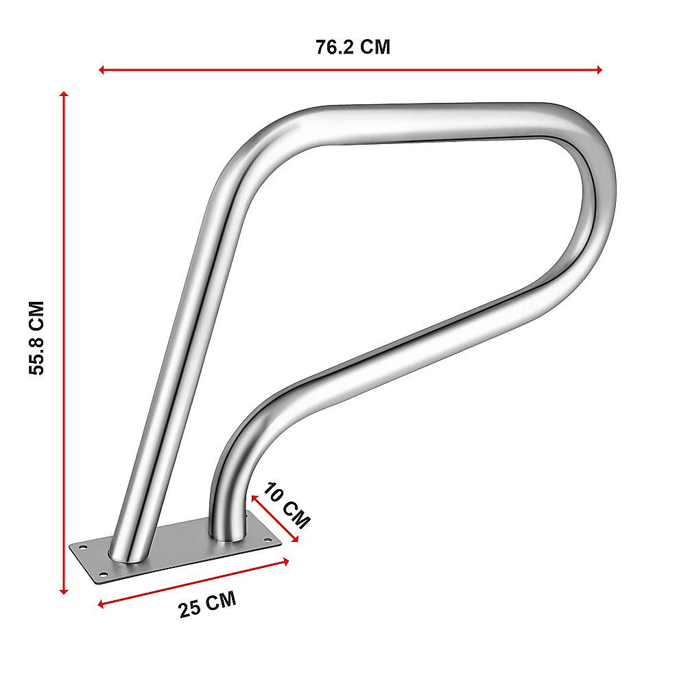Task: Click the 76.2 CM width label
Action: (353, 47)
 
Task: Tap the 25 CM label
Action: (207, 604)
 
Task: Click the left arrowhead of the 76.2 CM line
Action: (102, 69)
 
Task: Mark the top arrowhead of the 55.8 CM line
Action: (64, 95)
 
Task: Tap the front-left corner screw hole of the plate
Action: (103, 573)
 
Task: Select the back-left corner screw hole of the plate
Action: (82, 547)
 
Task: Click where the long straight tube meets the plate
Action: (130, 552)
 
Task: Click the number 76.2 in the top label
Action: (337, 47)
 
